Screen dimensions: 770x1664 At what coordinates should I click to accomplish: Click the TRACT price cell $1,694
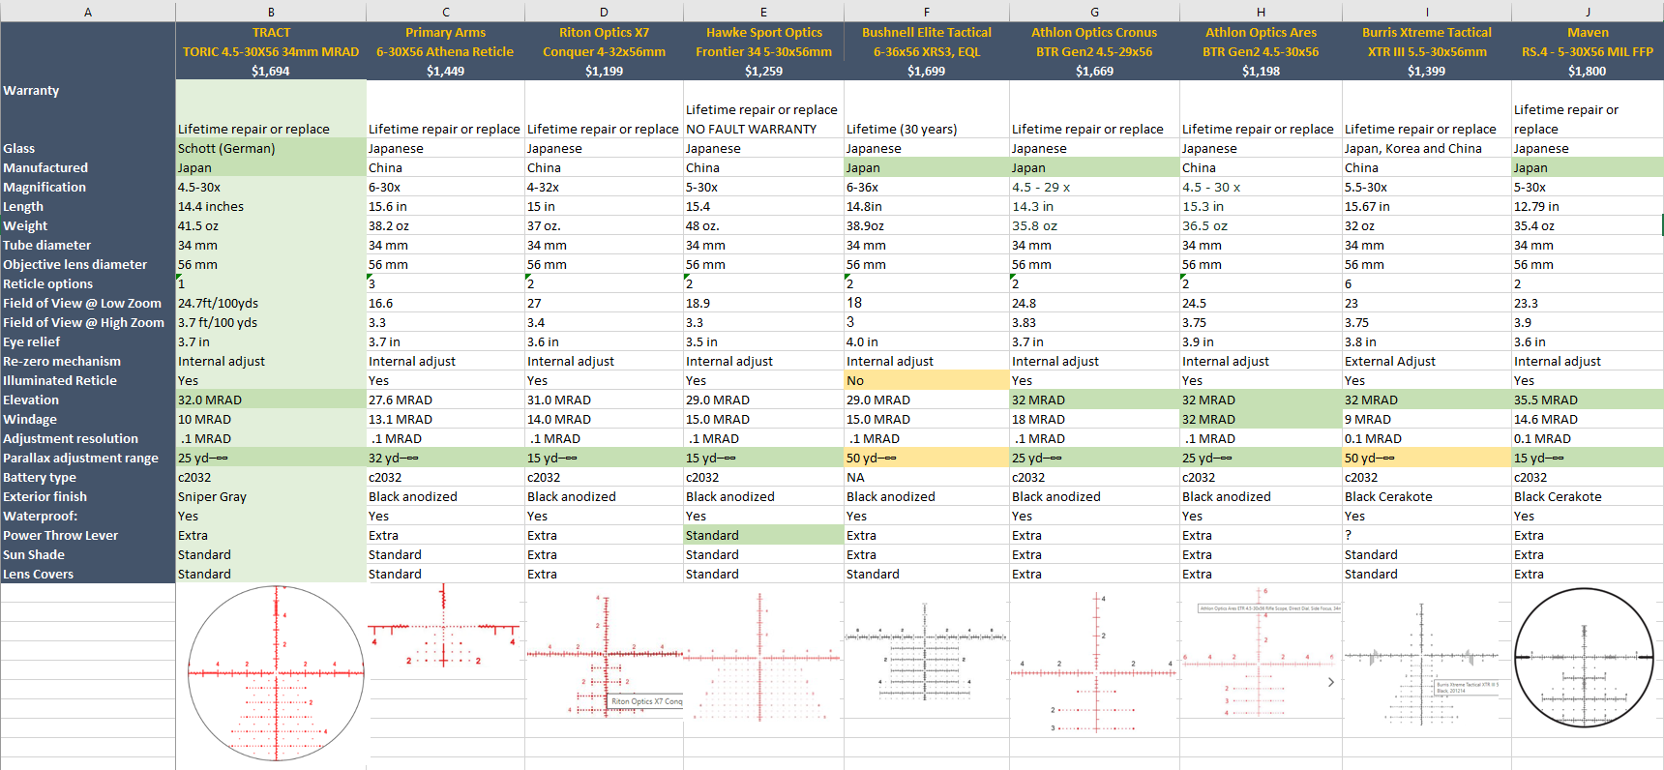[271, 71]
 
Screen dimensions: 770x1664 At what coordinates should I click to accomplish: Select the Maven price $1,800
[1587, 71]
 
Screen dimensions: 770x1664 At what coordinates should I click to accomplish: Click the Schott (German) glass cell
[226, 148]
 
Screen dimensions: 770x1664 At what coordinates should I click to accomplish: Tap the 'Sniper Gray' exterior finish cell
[212, 496]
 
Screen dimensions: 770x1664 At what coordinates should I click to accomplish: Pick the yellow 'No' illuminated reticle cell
[855, 380]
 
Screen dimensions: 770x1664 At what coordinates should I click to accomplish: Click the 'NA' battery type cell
[855, 477]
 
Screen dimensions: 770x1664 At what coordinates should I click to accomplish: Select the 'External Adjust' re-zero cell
[1389, 361]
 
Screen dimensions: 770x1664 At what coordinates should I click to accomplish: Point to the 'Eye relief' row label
[32, 341]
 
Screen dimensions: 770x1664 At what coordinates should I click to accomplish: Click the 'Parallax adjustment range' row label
[80, 458]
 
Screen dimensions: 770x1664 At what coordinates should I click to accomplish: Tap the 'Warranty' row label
[31, 90]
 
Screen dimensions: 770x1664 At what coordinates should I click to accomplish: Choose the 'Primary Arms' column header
[445, 32]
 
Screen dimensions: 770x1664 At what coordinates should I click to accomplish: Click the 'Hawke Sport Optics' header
[763, 32]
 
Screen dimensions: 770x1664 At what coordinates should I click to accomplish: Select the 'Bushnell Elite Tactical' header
[926, 32]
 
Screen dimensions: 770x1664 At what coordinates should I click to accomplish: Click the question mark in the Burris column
[1348, 535]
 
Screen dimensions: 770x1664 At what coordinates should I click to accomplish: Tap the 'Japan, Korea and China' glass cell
[1412, 148]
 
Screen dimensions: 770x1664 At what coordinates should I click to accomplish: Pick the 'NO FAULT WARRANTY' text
[751, 129]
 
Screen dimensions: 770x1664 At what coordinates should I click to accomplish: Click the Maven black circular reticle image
[1584, 657]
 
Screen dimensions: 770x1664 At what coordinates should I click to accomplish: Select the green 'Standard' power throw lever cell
[712, 535]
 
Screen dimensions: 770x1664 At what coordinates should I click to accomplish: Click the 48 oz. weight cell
[702, 225]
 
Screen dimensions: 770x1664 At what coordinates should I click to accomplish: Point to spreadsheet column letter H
[1261, 12]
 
